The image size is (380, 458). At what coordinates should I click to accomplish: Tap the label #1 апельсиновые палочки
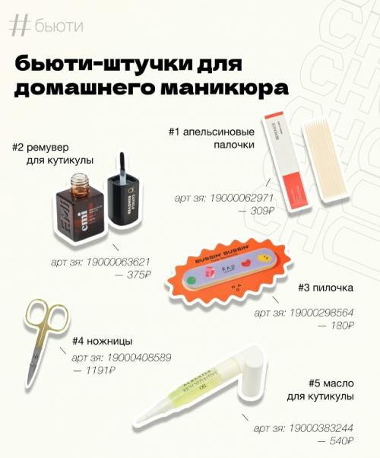[220, 137]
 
